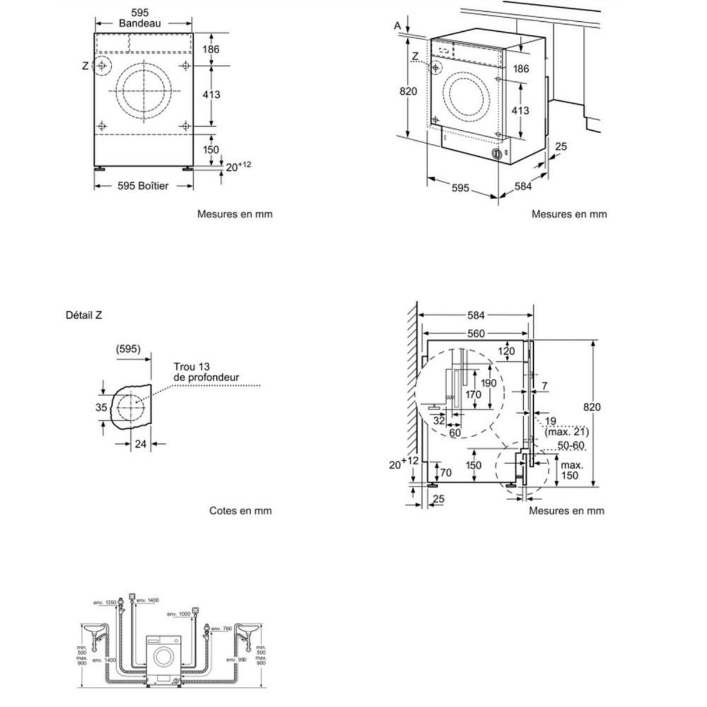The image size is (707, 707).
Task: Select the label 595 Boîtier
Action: [143, 186]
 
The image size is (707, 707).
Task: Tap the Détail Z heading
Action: [84, 315]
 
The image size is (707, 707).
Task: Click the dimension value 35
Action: [101, 407]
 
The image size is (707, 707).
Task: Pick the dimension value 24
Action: [140, 444]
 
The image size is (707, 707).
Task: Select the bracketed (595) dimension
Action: [128, 349]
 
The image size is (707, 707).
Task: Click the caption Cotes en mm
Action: [240, 511]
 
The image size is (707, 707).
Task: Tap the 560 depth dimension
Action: [475, 334]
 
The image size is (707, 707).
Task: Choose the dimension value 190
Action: [488, 383]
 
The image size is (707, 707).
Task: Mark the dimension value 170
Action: [473, 395]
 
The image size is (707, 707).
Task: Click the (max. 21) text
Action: [566, 432]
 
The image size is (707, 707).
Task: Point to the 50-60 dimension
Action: [571, 445]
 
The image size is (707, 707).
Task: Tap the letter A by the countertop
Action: [398, 25]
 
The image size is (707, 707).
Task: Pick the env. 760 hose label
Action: [221, 629]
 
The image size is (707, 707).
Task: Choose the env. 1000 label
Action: [179, 614]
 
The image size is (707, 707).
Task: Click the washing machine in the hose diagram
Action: [163, 658]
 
